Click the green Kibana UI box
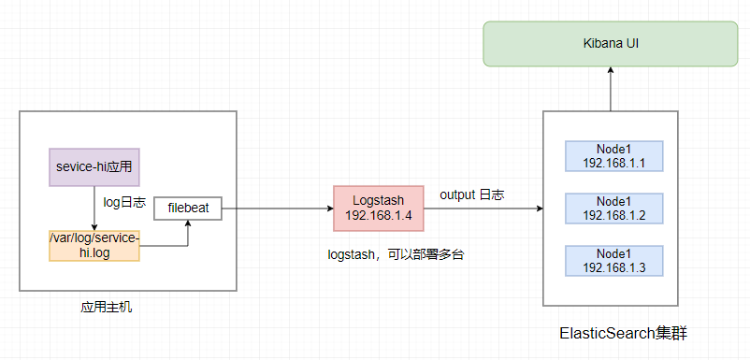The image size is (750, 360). (x=610, y=44)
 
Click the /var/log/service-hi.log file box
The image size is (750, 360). (x=94, y=245)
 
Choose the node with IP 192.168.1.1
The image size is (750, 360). (x=614, y=156)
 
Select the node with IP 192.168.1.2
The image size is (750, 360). (x=614, y=209)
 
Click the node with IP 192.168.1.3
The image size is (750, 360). (x=614, y=261)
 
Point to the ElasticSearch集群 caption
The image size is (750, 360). (x=623, y=333)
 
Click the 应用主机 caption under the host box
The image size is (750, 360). (x=107, y=307)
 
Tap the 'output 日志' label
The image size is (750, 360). (x=471, y=194)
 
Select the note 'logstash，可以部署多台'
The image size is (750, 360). (x=396, y=253)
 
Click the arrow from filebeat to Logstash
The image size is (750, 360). (x=277, y=209)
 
